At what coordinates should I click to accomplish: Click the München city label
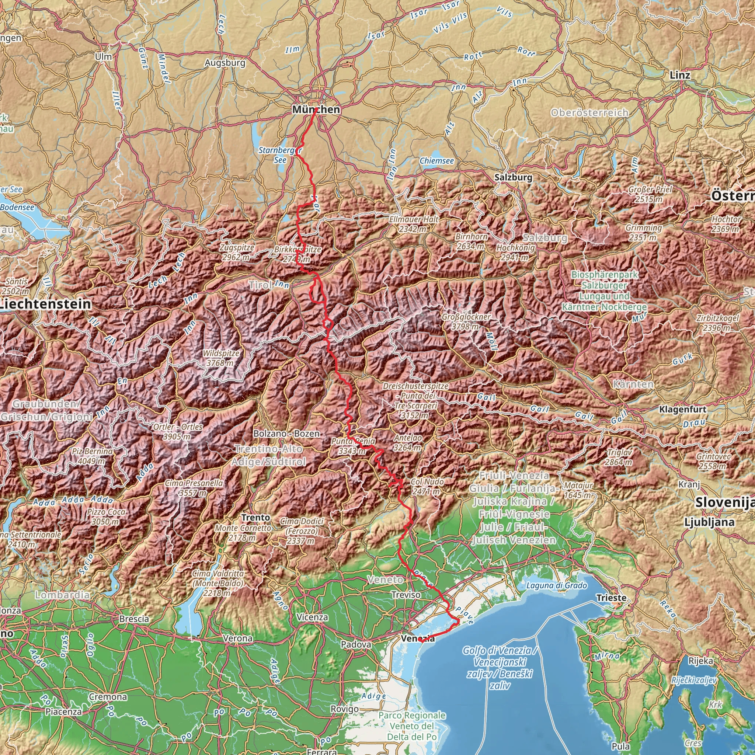(x=316, y=110)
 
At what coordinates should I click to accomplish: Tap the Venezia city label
(x=417, y=639)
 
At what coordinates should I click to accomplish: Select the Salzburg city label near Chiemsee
(x=513, y=177)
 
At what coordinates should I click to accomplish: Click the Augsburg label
(x=225, y=63)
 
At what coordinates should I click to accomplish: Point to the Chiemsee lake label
(x=436, y=161)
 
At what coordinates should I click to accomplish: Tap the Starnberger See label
(x=280, y=155)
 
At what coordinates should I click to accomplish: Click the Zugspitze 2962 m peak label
(x=236, y=253)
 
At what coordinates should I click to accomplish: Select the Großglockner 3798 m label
(x=466, y=321)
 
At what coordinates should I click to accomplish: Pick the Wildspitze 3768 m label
(x=221, y=358)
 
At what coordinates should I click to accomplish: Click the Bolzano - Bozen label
(x=286, y=434)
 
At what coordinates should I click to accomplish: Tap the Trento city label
(x=255, y=517)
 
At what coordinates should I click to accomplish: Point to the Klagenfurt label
(x=682, y=410)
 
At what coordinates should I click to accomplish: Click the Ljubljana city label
(x=709, y=522)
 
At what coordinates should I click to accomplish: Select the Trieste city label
(x=611, y=598)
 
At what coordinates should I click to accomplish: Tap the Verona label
(x=238, y=638)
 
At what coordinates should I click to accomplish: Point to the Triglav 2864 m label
(x=619, y=457)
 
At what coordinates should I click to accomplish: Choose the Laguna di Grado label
(x=556, y=585)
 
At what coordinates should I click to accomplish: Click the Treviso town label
(x=406, y=595)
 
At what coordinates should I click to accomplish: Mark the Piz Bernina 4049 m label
(x=92, y=456)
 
